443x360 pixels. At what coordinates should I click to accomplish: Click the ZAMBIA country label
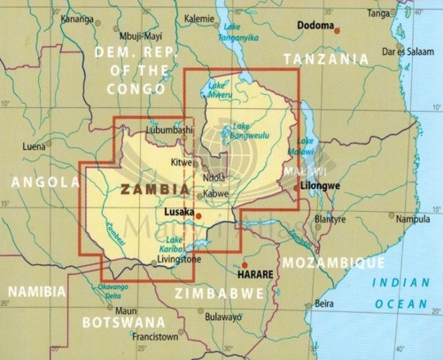154,189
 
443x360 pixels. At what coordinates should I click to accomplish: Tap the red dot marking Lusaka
198,215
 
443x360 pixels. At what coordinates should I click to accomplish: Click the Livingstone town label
180,259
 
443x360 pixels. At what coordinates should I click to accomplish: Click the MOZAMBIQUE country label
332,262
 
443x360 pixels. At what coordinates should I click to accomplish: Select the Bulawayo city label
221,317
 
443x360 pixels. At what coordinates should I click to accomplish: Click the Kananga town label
77,18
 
